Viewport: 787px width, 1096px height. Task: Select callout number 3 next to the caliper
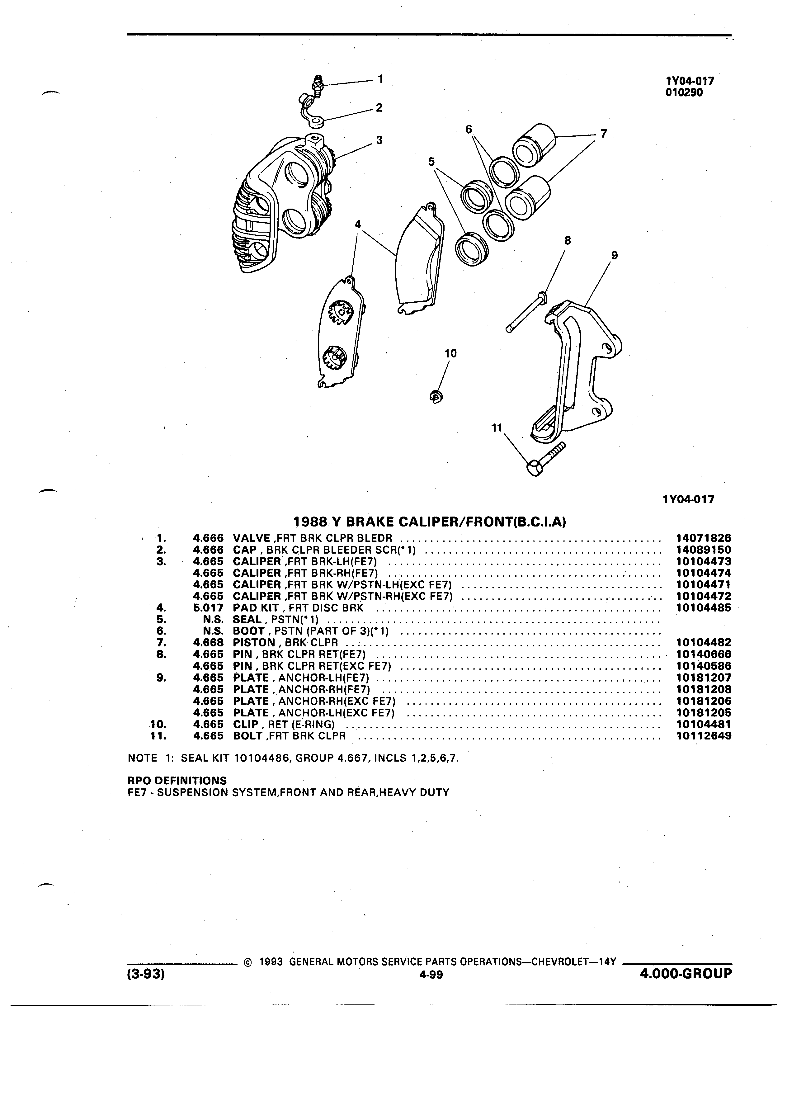point(379,140)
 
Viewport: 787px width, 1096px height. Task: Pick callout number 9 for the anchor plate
point(614,255)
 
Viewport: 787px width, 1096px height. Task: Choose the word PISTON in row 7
point(254,643)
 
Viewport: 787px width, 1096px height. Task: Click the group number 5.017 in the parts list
point(208,608)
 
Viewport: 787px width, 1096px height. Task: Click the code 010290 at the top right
point(684,93)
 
